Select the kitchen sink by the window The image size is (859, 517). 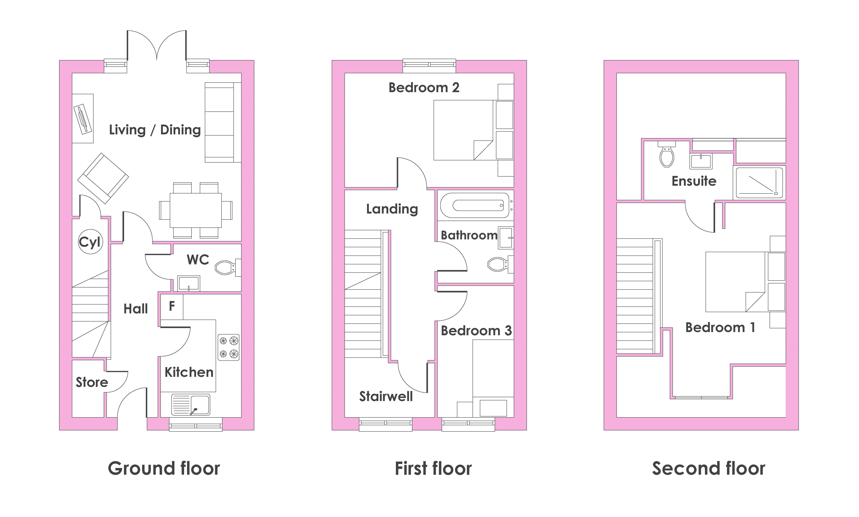(x=191, y=405)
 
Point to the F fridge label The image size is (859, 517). (x=172, y=306)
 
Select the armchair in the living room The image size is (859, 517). (x=103, y=178)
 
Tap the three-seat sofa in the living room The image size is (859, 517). (x=223, y=122)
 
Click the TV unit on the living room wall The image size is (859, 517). (x=83, y=118)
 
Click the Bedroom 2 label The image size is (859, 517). (x=424, y=87)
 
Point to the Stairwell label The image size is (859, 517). (x=386, y=396)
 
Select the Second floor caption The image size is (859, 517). (x=709, y=468)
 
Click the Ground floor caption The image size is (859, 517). (x=164, y=468)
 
